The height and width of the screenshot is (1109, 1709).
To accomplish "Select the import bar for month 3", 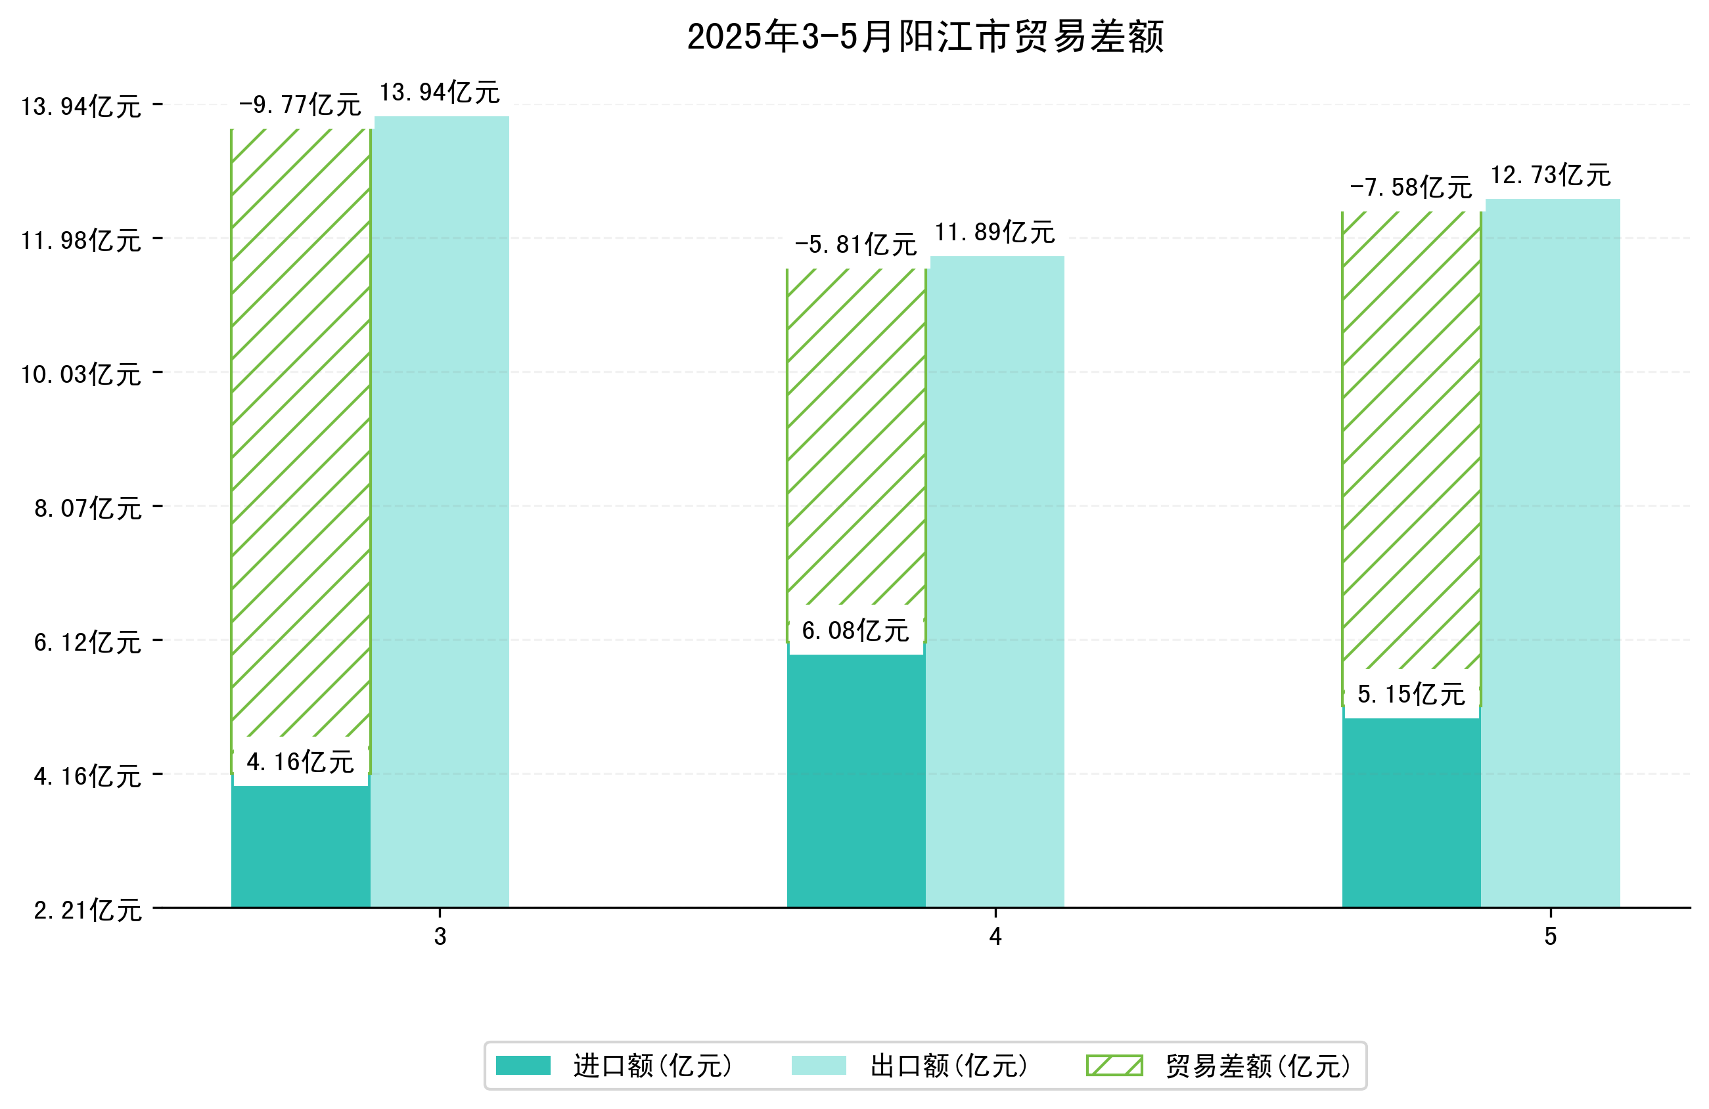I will click(300, 847).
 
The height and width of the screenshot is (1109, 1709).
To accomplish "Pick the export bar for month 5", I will click(1551, 553).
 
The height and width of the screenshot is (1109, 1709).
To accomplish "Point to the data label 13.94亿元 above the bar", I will click(440, 93).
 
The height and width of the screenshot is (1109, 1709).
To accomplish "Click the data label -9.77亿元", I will click(300, 105).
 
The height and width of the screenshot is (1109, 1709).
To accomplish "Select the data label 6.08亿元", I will click(855, 631).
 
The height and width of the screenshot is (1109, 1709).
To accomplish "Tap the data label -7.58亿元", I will click(1411, 188).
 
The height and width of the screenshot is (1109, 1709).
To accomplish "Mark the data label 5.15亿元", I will click(1411, 694).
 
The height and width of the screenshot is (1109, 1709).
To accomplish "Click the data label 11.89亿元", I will click(995, 232).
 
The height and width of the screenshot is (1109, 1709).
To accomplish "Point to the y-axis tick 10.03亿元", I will click(80, 375).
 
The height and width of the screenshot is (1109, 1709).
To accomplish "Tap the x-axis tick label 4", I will click(995, 937).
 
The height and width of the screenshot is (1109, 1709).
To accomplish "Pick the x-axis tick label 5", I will click(1550, 937).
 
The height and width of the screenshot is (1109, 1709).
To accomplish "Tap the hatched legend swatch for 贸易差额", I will click(1114, 1066).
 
